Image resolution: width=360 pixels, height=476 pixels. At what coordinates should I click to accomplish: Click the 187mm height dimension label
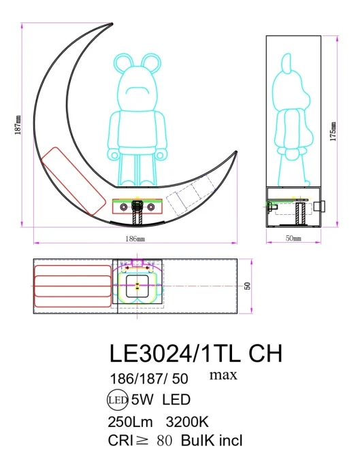[x=17, y=124]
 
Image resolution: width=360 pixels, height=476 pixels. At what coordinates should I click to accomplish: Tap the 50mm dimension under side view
[x=293, y=239]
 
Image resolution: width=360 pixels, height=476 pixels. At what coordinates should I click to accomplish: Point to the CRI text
[x=122, y=440]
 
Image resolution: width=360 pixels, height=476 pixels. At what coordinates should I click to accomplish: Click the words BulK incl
[x=211, y=440]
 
